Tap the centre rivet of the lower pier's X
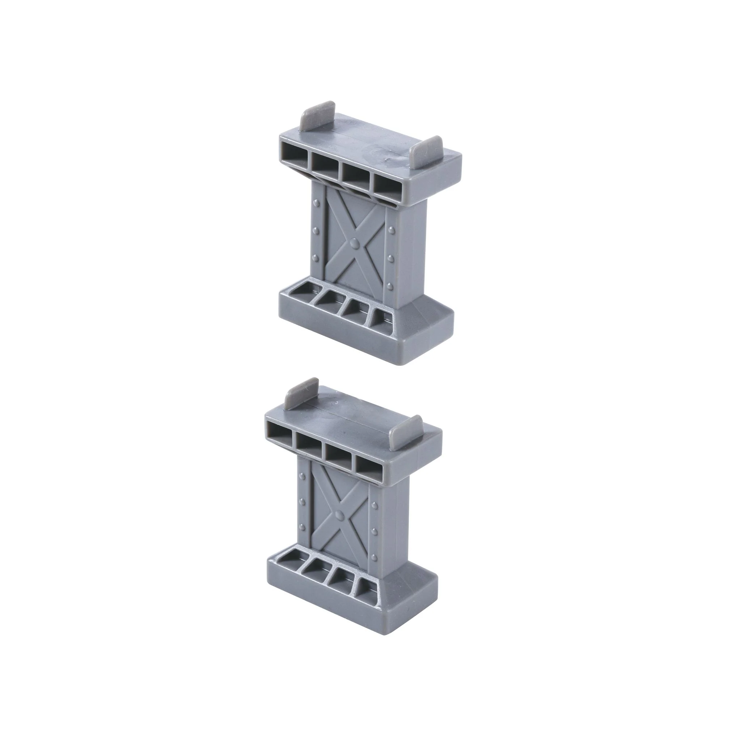tap(339, 515)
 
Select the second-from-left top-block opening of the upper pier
tap(325, 165)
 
